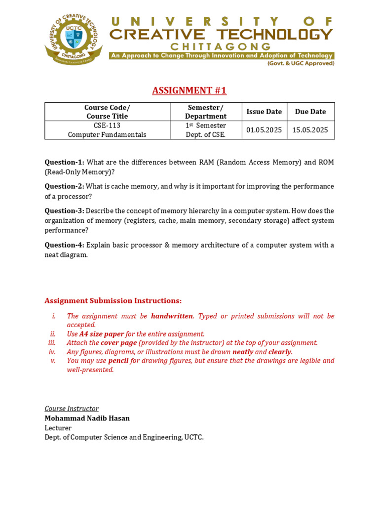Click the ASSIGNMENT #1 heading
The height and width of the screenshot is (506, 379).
click(x=189, y=90)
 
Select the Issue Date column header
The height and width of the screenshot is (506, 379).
click(x=264, y=112)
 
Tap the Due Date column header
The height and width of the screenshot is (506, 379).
click(x=310, y=112)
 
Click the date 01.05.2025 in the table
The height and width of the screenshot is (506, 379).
click(x=264, y=130)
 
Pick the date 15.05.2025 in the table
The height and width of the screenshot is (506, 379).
click(x=310, y=130)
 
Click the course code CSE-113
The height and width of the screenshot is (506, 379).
click(x=107, y=126)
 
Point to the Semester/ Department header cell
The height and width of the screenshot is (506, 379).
click(x=206, y=112)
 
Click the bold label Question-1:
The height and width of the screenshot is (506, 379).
click(x=65, y=162)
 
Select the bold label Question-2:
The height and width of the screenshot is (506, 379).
click(x=65, y=186)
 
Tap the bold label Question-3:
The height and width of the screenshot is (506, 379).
click(x=65, y=211)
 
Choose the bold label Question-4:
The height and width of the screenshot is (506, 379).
click(x=65, y=245)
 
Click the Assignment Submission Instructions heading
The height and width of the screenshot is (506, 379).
click(x=113, y=300)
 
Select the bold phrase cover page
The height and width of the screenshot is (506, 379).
click(x=118, y=343)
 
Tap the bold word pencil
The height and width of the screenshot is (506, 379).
click(x=118, y=361)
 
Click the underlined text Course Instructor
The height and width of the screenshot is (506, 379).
click(x=72, y=409)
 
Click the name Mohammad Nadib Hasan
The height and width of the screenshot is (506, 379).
click(x=87, y=419)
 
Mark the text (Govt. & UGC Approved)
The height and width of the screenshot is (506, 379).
click(x=301, y=63)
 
